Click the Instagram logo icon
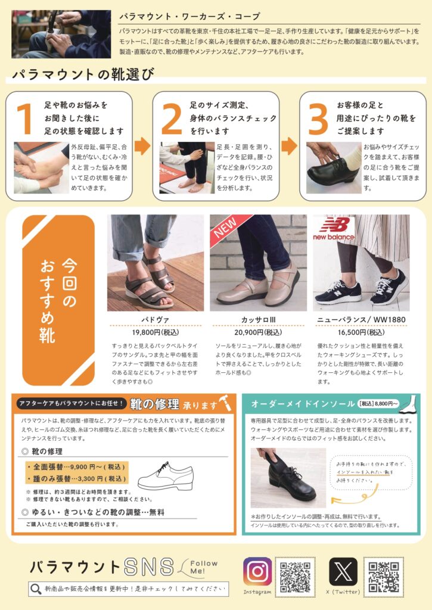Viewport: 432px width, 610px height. (257, 571)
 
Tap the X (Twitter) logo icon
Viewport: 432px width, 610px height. (343, 571)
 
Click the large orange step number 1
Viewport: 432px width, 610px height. (24, 119)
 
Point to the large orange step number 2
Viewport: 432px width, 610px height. (171, 119)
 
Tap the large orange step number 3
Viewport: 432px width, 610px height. (318, 119)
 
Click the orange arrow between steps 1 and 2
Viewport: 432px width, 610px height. (142, 146)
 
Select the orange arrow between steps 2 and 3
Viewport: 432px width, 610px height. (289, 146)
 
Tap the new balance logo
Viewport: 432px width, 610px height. (334, 229)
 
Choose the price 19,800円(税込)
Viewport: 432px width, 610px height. (156, 332)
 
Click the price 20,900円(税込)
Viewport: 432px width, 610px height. (258, 332)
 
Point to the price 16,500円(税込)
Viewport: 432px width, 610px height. (361, 332)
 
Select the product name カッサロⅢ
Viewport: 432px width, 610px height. (258, 320)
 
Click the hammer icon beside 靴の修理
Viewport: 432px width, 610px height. (226, 404)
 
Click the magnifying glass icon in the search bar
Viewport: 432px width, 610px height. (36, 589)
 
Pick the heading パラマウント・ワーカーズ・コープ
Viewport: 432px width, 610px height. (189, 17)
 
